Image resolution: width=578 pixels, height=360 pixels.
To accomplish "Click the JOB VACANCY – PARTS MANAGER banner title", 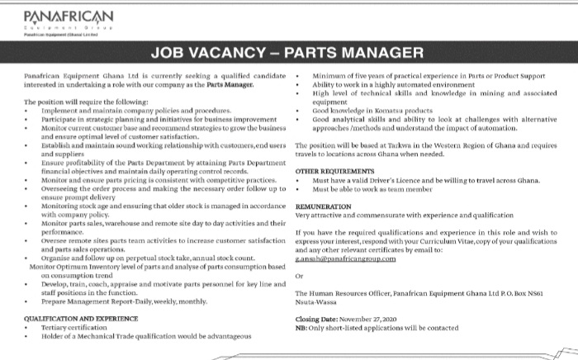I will click(289, 54).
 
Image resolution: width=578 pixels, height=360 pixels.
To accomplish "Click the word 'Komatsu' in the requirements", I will click(374, 111).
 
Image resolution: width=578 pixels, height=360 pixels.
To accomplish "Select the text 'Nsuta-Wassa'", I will click(315, 302).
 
